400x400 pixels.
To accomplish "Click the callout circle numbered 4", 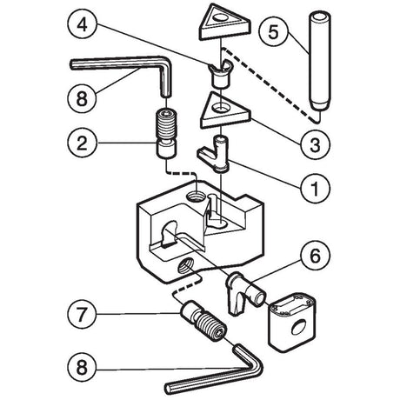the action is [x=82, y=24].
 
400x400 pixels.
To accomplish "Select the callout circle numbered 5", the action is [x=274, y=31].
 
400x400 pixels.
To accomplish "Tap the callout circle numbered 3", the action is [x=315, y=144].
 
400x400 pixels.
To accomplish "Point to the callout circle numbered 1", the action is [x=315, y=188].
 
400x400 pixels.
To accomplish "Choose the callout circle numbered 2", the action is [x=82, y=143].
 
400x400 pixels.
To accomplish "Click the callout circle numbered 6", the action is [x=315, y=256].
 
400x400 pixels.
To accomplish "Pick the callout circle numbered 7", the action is [x=82, y=314].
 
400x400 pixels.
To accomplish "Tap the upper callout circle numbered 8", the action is [x=82, y=98].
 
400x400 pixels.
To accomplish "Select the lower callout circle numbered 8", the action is [x=82, y=367].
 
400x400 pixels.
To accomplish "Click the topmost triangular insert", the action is [x=223, y=23].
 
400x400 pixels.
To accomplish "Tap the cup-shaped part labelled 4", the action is [x=220, y=73].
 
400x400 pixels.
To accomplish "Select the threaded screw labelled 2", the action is [x=166, y=132].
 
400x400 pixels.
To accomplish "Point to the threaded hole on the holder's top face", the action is [x=197, y=197].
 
